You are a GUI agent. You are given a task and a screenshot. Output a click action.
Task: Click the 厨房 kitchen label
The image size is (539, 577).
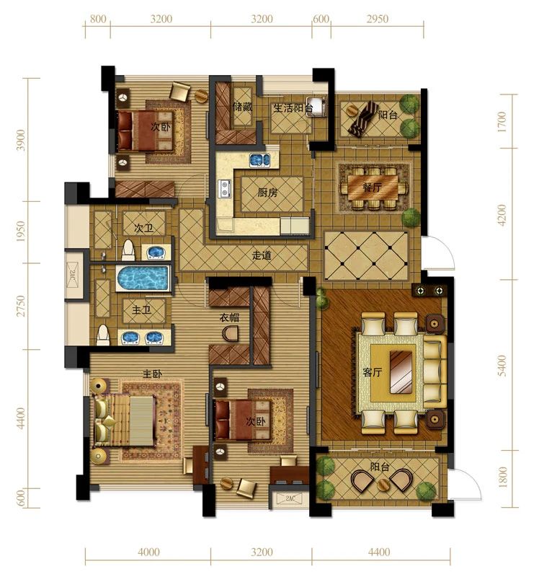[x=267, y=193]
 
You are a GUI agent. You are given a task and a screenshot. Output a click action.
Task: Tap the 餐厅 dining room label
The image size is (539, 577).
[x=372, y=188]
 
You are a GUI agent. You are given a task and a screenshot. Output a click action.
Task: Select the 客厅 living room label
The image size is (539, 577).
[x=372, y=372]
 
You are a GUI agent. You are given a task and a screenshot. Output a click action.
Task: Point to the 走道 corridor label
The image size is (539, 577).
[x=262, y=255]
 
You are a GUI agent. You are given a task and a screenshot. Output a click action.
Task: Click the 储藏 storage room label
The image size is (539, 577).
[x=242, y=107]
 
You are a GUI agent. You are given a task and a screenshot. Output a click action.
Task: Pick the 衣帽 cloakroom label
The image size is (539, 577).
[x=229, y=317]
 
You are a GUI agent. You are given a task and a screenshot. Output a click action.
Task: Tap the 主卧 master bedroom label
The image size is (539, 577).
[x=152, y=374]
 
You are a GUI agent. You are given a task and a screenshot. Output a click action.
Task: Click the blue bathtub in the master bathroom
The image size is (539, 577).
[x=143, y=278]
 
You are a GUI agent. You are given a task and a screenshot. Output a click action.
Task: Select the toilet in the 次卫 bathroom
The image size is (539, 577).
[x=128, y=250]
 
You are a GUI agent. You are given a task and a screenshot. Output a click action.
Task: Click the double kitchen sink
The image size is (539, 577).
[x=260, y=160]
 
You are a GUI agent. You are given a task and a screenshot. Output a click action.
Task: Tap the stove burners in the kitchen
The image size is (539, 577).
[x=224, y=188]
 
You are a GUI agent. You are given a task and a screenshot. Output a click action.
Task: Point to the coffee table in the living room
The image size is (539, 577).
[x=401, y=371]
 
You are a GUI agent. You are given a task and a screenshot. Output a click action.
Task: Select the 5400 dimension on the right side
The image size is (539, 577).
[x=502, y=366]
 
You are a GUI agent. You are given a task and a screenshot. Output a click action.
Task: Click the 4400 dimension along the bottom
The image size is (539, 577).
[x=379, y=552]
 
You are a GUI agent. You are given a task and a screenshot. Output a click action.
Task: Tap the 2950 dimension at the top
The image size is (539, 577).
[x=377, y=19]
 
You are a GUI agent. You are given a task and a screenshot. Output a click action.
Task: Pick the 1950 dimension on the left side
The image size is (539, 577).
[x=21, y=232]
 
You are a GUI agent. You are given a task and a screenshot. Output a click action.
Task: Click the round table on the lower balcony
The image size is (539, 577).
[x=383, y=485]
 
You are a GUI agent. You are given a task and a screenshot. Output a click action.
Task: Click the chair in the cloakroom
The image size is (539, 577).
[x=231, y=333]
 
